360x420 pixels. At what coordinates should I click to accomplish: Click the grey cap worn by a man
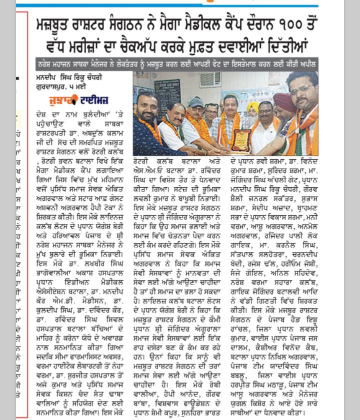[196, 102]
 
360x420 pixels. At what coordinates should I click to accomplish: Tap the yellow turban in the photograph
[254, 106]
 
